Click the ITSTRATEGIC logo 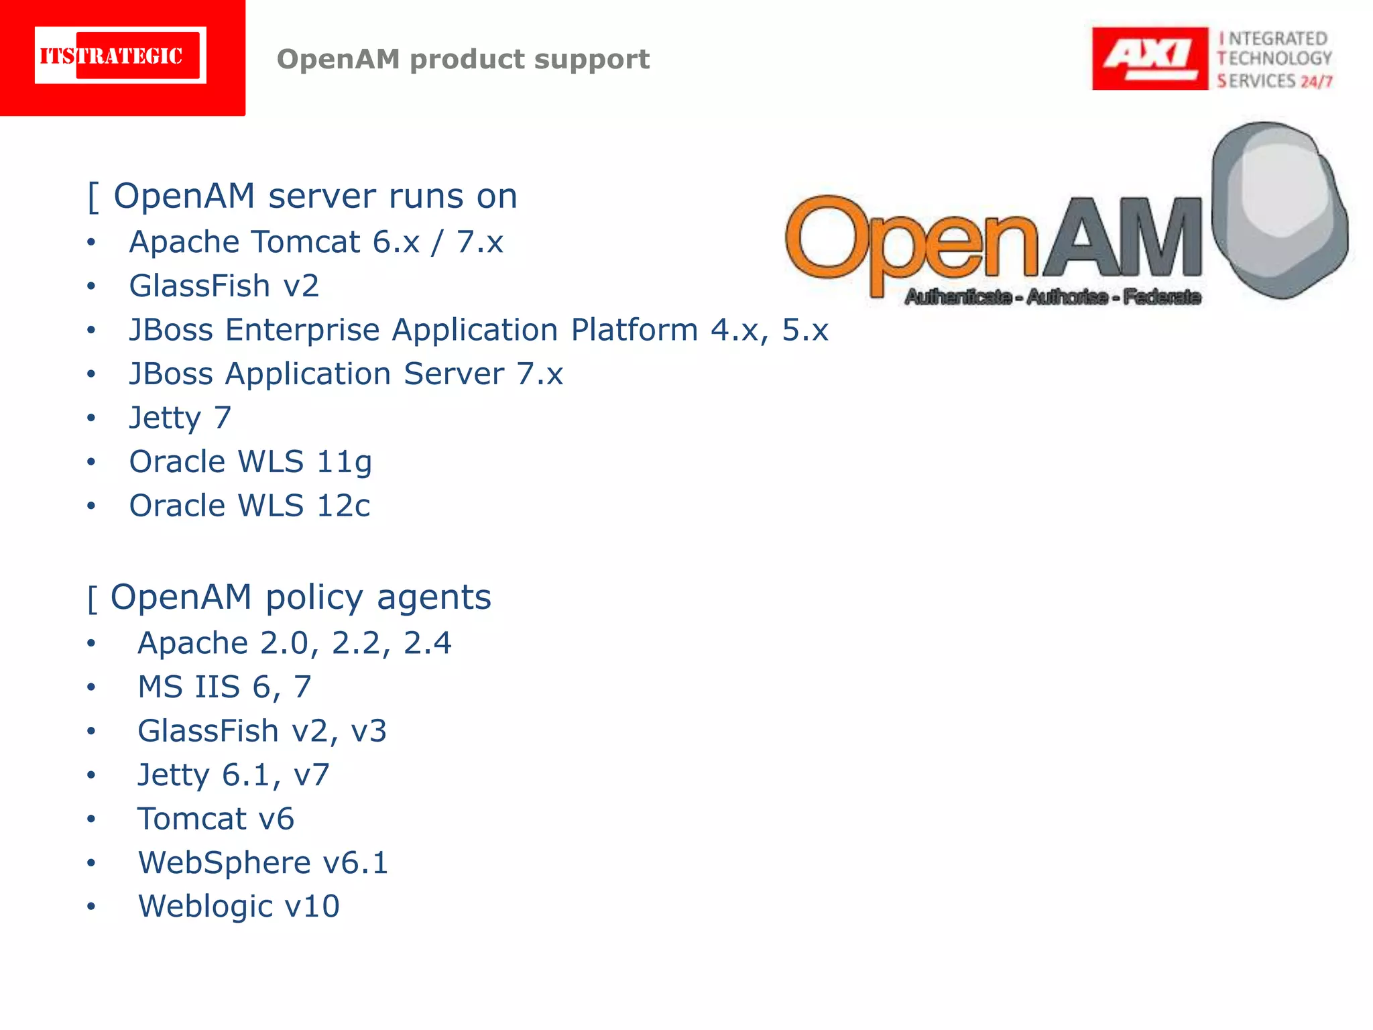point(121,56)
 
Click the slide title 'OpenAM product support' point(463,59)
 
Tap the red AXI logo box point(1149,58)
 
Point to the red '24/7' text point(1316,82)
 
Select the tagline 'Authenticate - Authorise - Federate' point(1052,296)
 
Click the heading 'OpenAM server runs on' point(315,196)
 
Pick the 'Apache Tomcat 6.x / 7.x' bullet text point(316,242)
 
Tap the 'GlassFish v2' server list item point(224,286)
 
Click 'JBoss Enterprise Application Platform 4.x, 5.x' point(479,330)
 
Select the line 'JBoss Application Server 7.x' point(346,374)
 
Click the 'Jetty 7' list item point(180,418)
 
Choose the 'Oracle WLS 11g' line point(250,462)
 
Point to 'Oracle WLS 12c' point(249,506)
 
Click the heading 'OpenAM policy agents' point(300,597)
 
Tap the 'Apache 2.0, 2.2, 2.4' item point(294,643)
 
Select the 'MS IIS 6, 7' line point(225,687)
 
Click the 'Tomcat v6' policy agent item point(216,819)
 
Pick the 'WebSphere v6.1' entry point(263,863)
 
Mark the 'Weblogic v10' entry point(239,907)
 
